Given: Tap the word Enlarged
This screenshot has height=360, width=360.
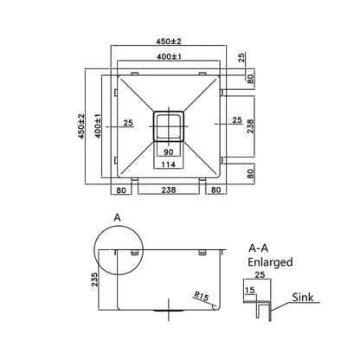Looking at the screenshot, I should point(268,261).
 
